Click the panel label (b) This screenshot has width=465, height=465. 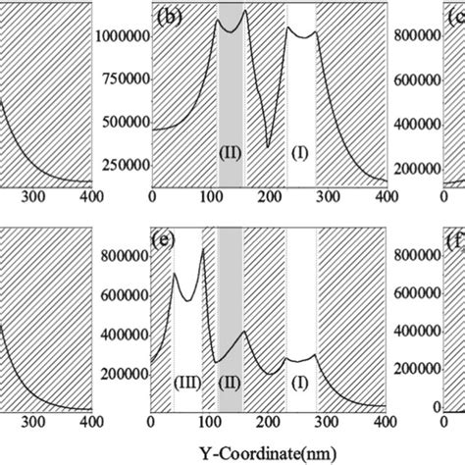[x=165, y=17]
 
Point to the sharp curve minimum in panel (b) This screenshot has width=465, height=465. [x=268, y=147]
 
